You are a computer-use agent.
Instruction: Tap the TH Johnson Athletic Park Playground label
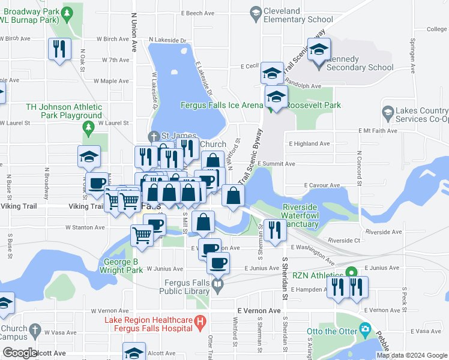tap(64, 111)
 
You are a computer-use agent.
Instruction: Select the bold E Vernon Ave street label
tap(259, 311)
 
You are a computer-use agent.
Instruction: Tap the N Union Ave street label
tap(133, 24)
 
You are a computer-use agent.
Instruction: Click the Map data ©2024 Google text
tap(412, 355)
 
